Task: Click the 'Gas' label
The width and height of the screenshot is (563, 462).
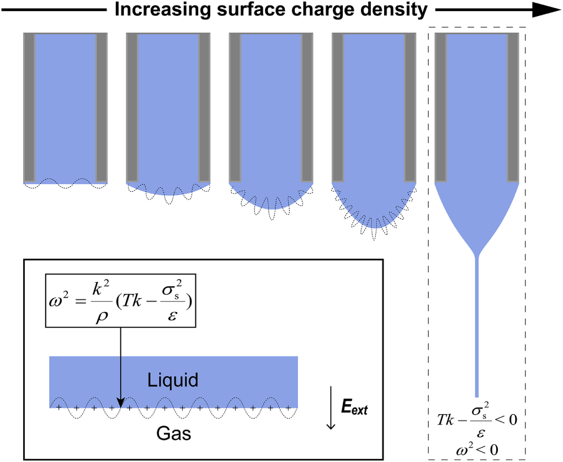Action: click(x=173, y=434)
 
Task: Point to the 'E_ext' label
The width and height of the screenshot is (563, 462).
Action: click(x=353, y=409)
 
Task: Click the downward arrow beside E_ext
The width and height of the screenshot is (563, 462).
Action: click(x=331, y=408)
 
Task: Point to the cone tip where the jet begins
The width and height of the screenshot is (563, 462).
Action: click(x=476, y=255)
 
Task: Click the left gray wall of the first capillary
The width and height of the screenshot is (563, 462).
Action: click(x=29, y=108)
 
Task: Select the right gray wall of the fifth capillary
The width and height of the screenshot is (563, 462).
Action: click(x=512, y=108)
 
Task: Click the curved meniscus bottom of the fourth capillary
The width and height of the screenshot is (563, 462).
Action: click(x=374, y=221)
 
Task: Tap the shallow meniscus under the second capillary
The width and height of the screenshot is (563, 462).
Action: click(x=168, y=190)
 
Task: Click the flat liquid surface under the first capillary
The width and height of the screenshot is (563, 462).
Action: click(x=65, y=182)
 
